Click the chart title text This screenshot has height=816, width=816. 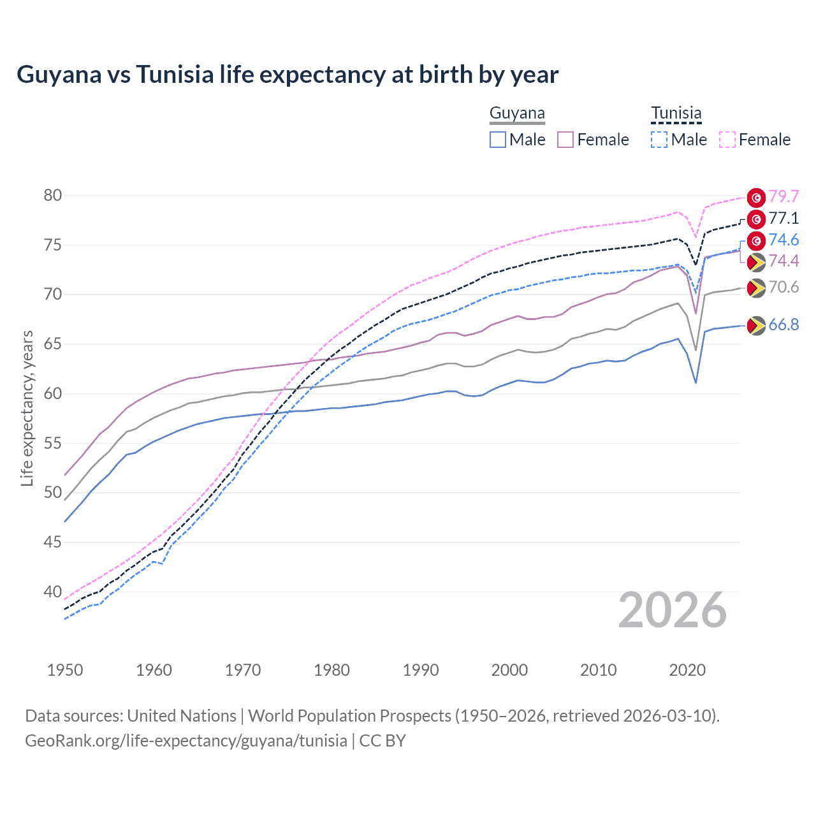(288, 75)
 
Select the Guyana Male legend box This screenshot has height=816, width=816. (498, 140)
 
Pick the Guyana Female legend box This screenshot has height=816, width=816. (565, 140)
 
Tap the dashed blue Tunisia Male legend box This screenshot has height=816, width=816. (659, 140)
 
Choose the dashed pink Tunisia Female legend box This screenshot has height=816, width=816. (727, 140)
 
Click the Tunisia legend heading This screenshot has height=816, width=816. (676, 113)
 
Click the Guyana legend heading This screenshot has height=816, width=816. (517, 113)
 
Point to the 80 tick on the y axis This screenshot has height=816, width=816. (53, 196)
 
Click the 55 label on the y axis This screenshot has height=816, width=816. (53, 443)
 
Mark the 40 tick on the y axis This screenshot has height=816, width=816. (53, 592)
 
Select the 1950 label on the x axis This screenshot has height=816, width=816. (65, 670)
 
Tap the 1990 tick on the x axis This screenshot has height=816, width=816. (421, 670)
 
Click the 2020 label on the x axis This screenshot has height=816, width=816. (687, 670)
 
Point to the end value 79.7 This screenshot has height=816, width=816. (783, 197)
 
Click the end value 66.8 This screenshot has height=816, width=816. (783, 325)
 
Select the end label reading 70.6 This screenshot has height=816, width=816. (783, 288)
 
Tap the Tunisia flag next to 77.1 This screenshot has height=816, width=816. (756, 219)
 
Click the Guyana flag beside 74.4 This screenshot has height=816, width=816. (756, 262)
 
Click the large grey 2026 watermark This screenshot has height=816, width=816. (673, 610)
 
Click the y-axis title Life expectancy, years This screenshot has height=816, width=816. (27, 408)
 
